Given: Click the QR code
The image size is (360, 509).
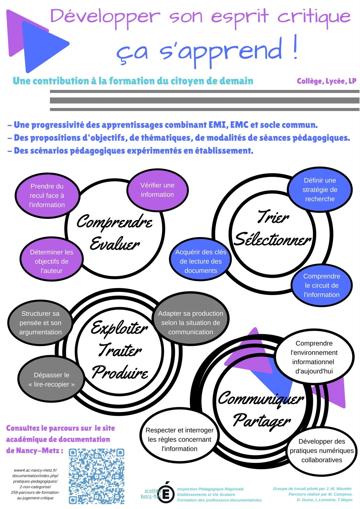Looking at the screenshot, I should click(97, 476).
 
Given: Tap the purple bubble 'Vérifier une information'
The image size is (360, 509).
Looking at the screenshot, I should click(157, 190).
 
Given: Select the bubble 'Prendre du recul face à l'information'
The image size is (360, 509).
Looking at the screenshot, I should click(47, 195).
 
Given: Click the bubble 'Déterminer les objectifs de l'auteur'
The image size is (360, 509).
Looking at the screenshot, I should click(52, 261).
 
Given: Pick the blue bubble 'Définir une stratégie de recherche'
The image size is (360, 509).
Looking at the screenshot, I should click(320, 190).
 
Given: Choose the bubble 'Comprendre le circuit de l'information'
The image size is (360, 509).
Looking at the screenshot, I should click(322, 285).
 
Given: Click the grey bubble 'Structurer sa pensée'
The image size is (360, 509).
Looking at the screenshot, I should click(40, 323).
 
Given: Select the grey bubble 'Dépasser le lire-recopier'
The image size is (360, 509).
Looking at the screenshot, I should click(51, 380).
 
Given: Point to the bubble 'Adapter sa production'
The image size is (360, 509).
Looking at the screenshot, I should click(191, 323).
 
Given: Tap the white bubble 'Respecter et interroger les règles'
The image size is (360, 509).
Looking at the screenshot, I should click(179, 439).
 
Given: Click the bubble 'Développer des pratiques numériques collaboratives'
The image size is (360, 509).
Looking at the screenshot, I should click(322, 450).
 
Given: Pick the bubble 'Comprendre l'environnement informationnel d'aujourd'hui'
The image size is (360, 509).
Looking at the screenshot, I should click(314, 357).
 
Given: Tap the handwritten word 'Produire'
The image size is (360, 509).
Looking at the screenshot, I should click(120, 372).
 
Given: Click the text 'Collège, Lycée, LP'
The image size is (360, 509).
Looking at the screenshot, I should click(326, 81).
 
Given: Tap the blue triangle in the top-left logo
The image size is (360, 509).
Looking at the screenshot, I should click(42, 45).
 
